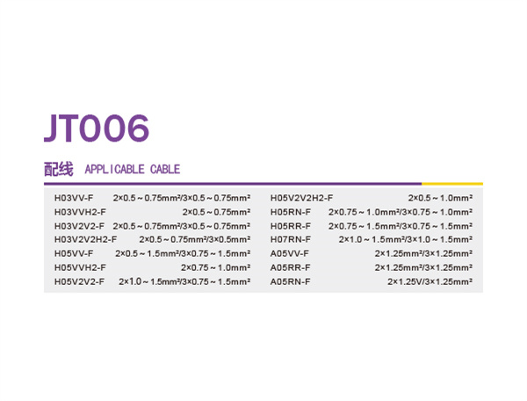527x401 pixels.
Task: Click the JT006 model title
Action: [x=97, y=128]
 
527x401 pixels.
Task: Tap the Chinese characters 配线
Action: [x=59, y=169]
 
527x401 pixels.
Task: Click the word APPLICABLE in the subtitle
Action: [x=114, y=169]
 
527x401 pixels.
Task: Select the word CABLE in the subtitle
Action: [x=165, y=169]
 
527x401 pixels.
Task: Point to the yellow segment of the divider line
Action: [x=452, y=184]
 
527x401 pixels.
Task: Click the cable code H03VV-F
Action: [x=74, y=198]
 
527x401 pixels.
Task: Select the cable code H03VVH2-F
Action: [x=80, y=212]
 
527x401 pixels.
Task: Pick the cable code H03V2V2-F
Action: [x=79, y=226]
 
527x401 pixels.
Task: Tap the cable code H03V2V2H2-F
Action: [x=86, y=239]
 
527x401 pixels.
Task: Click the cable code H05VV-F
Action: [x=74, y=253]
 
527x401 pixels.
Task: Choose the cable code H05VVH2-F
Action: [x=80, y=267]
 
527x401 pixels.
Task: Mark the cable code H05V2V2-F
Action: [x=79, y=281]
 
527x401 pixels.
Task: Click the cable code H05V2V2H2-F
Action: [x=301, y=198]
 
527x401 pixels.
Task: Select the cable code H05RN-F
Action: [x=291, y=212]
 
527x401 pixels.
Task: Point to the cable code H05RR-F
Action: [x=291, y=226]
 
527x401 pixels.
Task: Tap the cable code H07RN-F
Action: [x=291, y=239]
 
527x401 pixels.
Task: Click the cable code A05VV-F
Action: [x=289, y=253]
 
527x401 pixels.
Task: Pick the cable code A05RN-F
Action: [x=291, y=281]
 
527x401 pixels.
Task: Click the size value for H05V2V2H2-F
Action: [x=440, y=198]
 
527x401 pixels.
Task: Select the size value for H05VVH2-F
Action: [x=216, y=267]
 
